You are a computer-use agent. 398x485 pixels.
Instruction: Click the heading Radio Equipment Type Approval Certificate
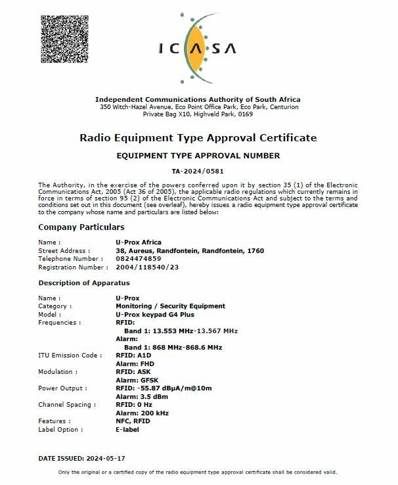(x=198, y=138)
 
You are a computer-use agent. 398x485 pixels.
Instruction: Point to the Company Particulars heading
(x=81, y=227)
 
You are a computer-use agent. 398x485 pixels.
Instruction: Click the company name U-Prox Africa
(x=139, y=242)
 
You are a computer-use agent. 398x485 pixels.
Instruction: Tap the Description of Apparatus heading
(x=84, y=283)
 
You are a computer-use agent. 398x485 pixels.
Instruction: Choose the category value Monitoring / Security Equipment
(x=170, y=306)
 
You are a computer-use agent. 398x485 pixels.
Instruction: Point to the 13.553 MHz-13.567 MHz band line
(x=181, y=331)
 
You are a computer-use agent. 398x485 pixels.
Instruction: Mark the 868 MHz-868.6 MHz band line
(x=173, y=347)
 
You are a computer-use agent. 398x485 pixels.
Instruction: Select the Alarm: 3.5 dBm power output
(x=138, y=396)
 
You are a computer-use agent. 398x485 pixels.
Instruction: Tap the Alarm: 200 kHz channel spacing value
(x=142, y=413)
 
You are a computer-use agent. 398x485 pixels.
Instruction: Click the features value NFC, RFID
(x=133, y=421)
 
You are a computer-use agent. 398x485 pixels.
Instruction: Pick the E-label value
(x=127, y=430)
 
